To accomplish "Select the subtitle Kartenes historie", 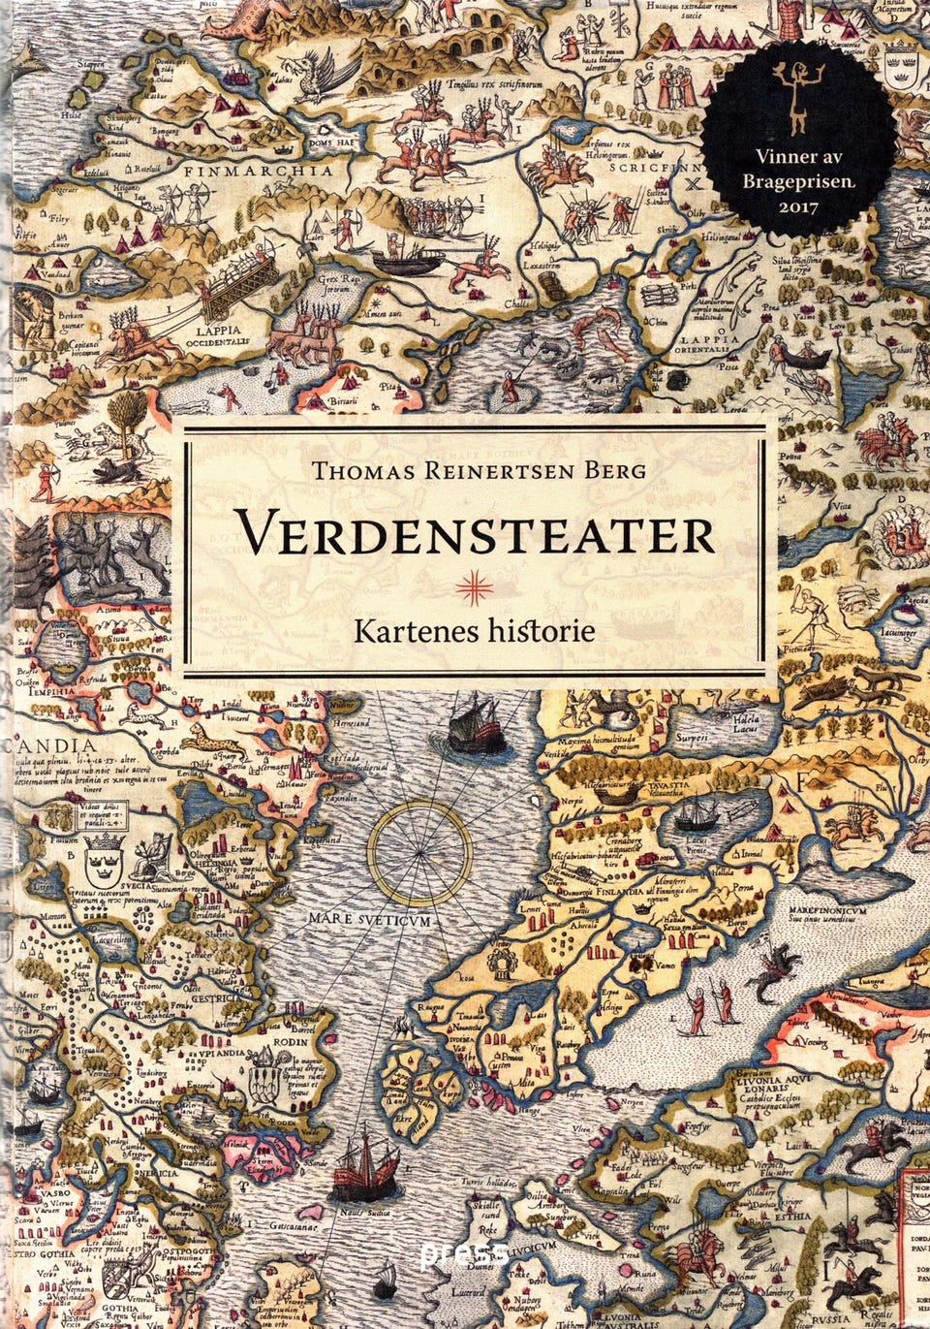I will [474, 631].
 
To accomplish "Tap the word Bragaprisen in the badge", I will [795, 180].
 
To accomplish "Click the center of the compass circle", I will [418, 854].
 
